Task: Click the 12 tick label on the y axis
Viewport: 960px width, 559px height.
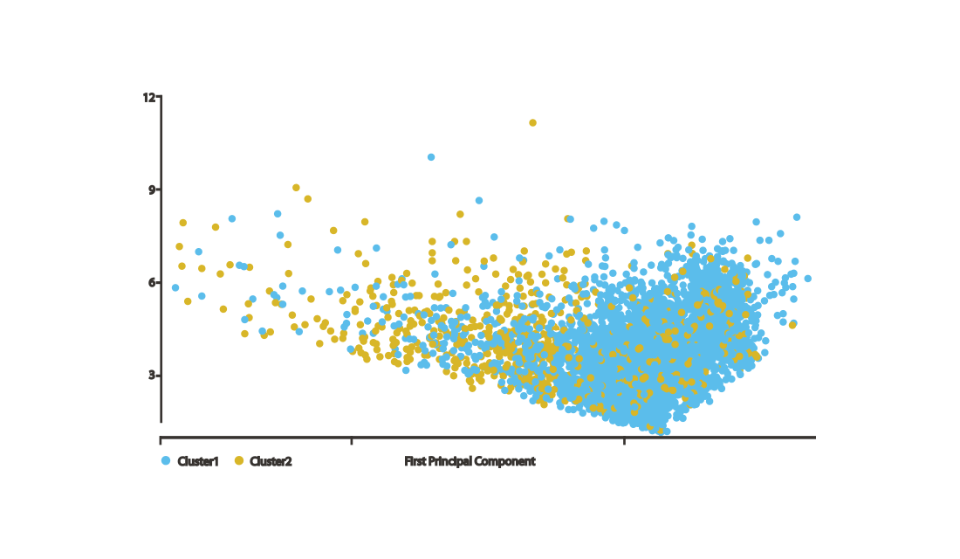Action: tap(148, 98)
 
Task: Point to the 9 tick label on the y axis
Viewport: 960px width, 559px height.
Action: tap(152, 190)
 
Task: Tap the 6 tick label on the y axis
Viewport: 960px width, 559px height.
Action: tap(152, 283)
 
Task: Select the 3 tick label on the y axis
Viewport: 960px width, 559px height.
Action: tap(152, 375)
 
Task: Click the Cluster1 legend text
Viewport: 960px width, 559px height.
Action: tap(198, 461)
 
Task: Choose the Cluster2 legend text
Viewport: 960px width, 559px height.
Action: tap(271, 461)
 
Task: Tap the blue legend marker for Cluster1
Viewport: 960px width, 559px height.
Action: tap(165, 461)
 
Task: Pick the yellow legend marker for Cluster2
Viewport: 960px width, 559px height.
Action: tap(239, 461)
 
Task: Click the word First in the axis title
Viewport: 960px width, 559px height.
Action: tap(415, 461)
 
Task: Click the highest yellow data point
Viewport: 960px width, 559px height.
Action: tap(532, 123)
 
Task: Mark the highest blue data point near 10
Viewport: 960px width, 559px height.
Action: tap(431, 157)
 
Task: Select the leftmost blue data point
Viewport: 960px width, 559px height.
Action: tap(175, 288)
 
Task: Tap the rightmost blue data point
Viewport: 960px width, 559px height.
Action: tap(807, 279)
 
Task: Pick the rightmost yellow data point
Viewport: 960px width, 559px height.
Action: tap(792, 325)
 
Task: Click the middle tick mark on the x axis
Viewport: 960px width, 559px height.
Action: tap(352, 441)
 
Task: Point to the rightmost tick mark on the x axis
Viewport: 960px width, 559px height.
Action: tap(624, 441)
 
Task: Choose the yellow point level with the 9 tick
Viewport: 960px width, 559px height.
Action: tap(296, 188)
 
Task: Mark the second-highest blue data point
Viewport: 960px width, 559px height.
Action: tap(479, 201)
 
